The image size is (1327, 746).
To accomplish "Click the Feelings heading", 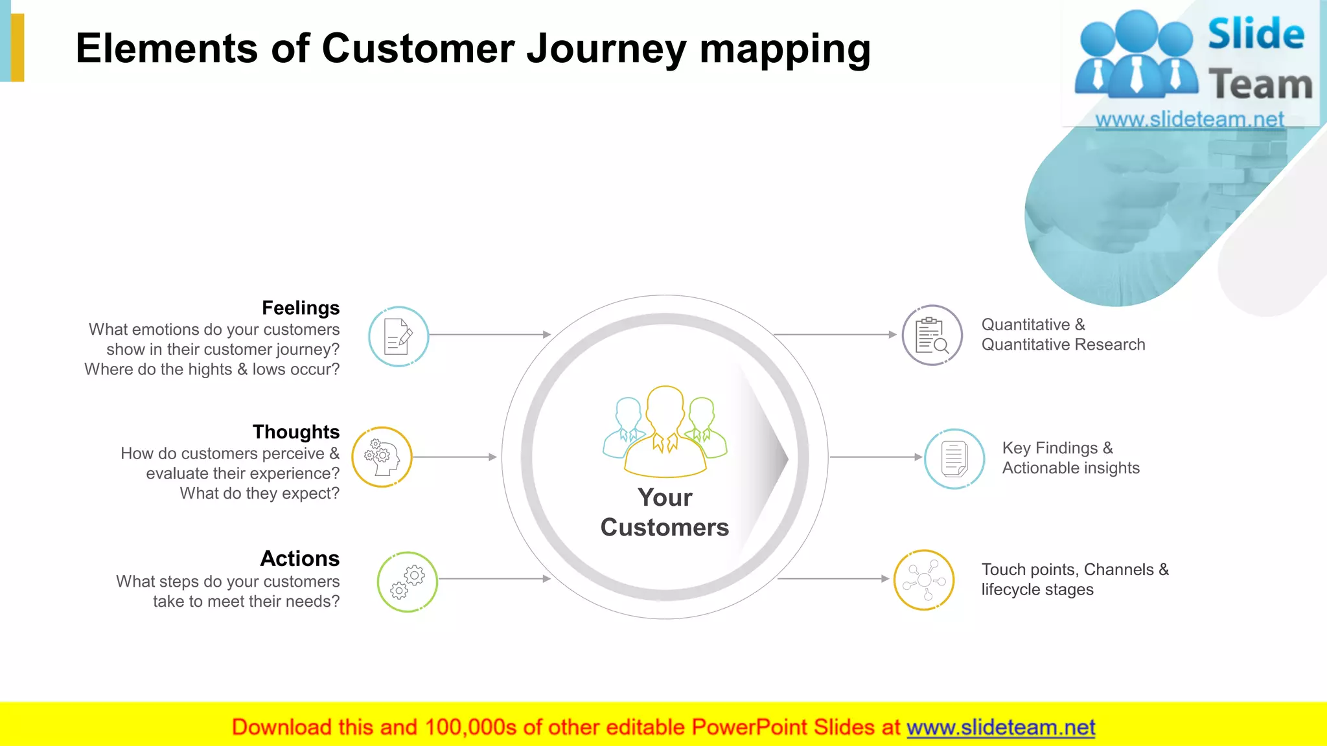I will click(300, 308).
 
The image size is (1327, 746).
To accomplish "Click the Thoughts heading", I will click(295, 432).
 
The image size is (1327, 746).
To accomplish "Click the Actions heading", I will click(299, 558).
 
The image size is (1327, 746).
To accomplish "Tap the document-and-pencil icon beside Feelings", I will click(398, 337).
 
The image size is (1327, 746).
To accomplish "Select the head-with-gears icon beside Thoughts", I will click(382, 457).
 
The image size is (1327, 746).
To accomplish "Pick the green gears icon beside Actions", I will click(407, 582).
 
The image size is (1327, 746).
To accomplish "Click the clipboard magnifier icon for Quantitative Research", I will click(932, 335).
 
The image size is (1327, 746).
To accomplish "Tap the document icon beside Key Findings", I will click(954, 458).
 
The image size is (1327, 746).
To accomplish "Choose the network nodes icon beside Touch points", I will click(923, 580).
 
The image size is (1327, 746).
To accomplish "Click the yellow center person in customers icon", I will click(665, 431).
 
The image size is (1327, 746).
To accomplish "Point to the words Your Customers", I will click(665, 512).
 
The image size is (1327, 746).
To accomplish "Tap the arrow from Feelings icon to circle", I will click(489, 335).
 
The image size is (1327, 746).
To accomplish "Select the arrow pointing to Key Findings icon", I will click(875, 457).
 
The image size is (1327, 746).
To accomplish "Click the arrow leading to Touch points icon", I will click(833, 579).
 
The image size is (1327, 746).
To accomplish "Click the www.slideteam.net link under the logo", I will click(1189, 119).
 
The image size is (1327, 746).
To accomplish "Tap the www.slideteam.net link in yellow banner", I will click(1000, 728).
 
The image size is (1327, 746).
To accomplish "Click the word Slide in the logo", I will click(1255, 34).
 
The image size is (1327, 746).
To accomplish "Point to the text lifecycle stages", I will click(1037, 590).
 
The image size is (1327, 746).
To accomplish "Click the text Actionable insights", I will click(1070, 468).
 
